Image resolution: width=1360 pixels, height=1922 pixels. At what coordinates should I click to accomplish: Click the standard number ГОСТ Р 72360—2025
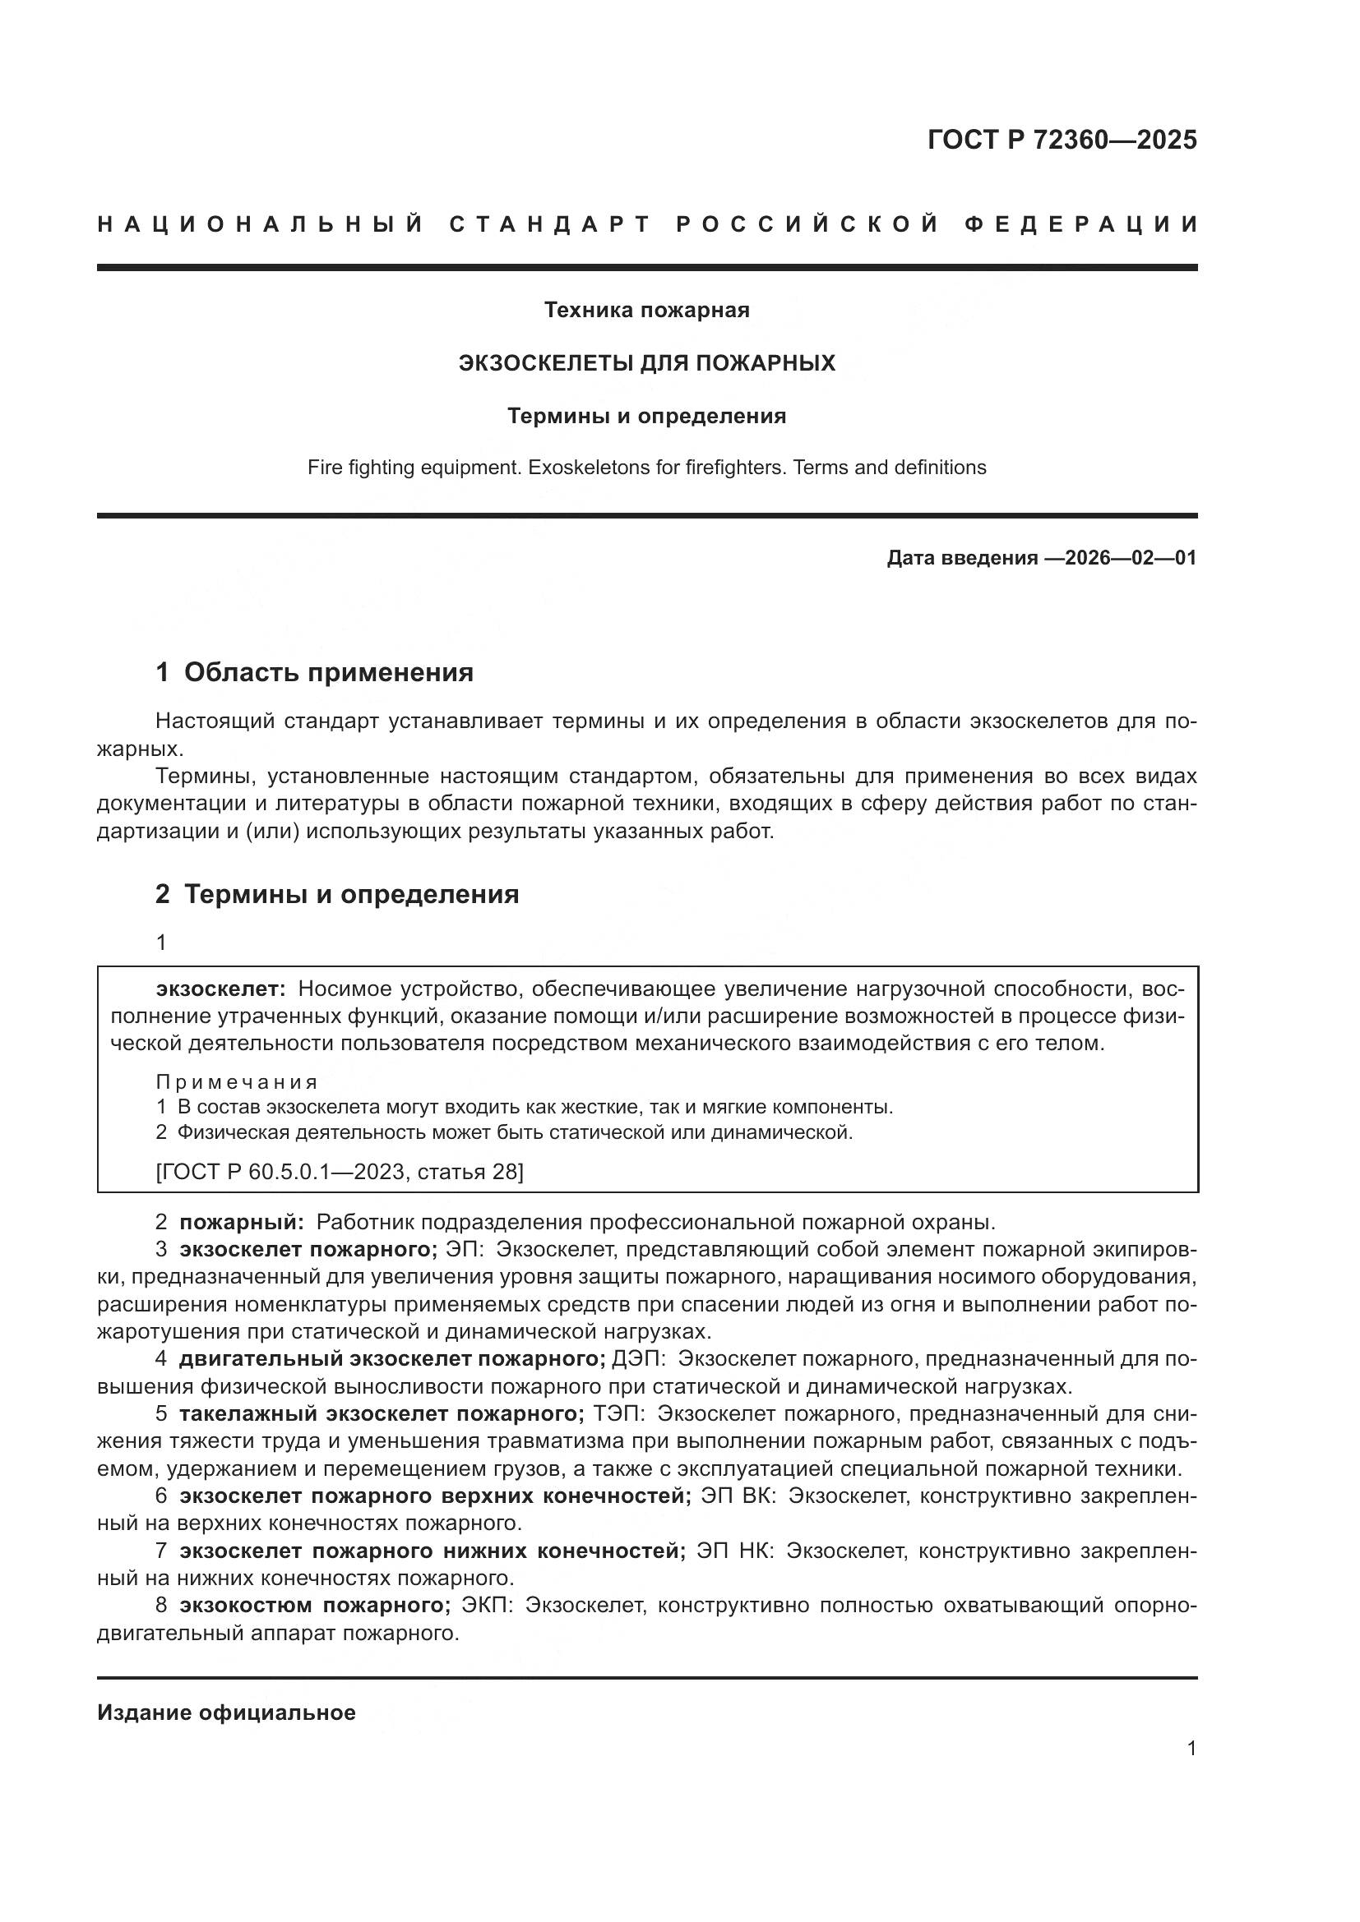coord(1062,140)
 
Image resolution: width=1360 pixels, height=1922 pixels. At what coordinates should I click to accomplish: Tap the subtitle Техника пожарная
coord(646,311)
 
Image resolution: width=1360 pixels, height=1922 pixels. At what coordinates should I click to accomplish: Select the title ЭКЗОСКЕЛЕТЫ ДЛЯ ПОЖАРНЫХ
coord(646,363)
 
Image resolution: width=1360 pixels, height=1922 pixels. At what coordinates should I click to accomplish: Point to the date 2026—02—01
coord(1131,558)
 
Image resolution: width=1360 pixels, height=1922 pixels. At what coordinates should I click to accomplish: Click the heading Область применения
coord(328,672)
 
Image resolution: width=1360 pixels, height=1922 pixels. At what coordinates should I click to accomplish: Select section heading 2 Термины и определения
coord(336,894)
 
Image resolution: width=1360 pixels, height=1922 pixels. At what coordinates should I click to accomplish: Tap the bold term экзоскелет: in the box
coord(221,989)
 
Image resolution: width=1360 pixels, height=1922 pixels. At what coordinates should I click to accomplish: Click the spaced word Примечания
coord(237,1081)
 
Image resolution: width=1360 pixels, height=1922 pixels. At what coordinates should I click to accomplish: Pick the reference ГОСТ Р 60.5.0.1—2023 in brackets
coord(284,1171)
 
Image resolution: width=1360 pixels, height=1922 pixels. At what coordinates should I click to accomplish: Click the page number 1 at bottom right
coord(1191,1749)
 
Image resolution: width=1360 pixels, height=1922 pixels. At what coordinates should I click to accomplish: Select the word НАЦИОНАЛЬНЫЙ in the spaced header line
coord(261,224)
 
